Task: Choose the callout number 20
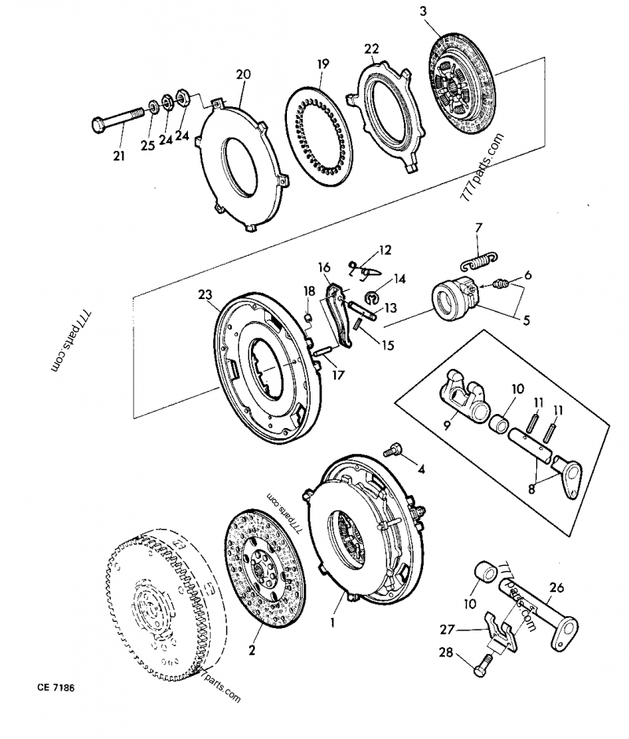(243, 75)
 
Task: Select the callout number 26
(556, 586)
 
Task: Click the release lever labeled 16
(338, 315)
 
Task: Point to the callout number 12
(384, 250)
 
